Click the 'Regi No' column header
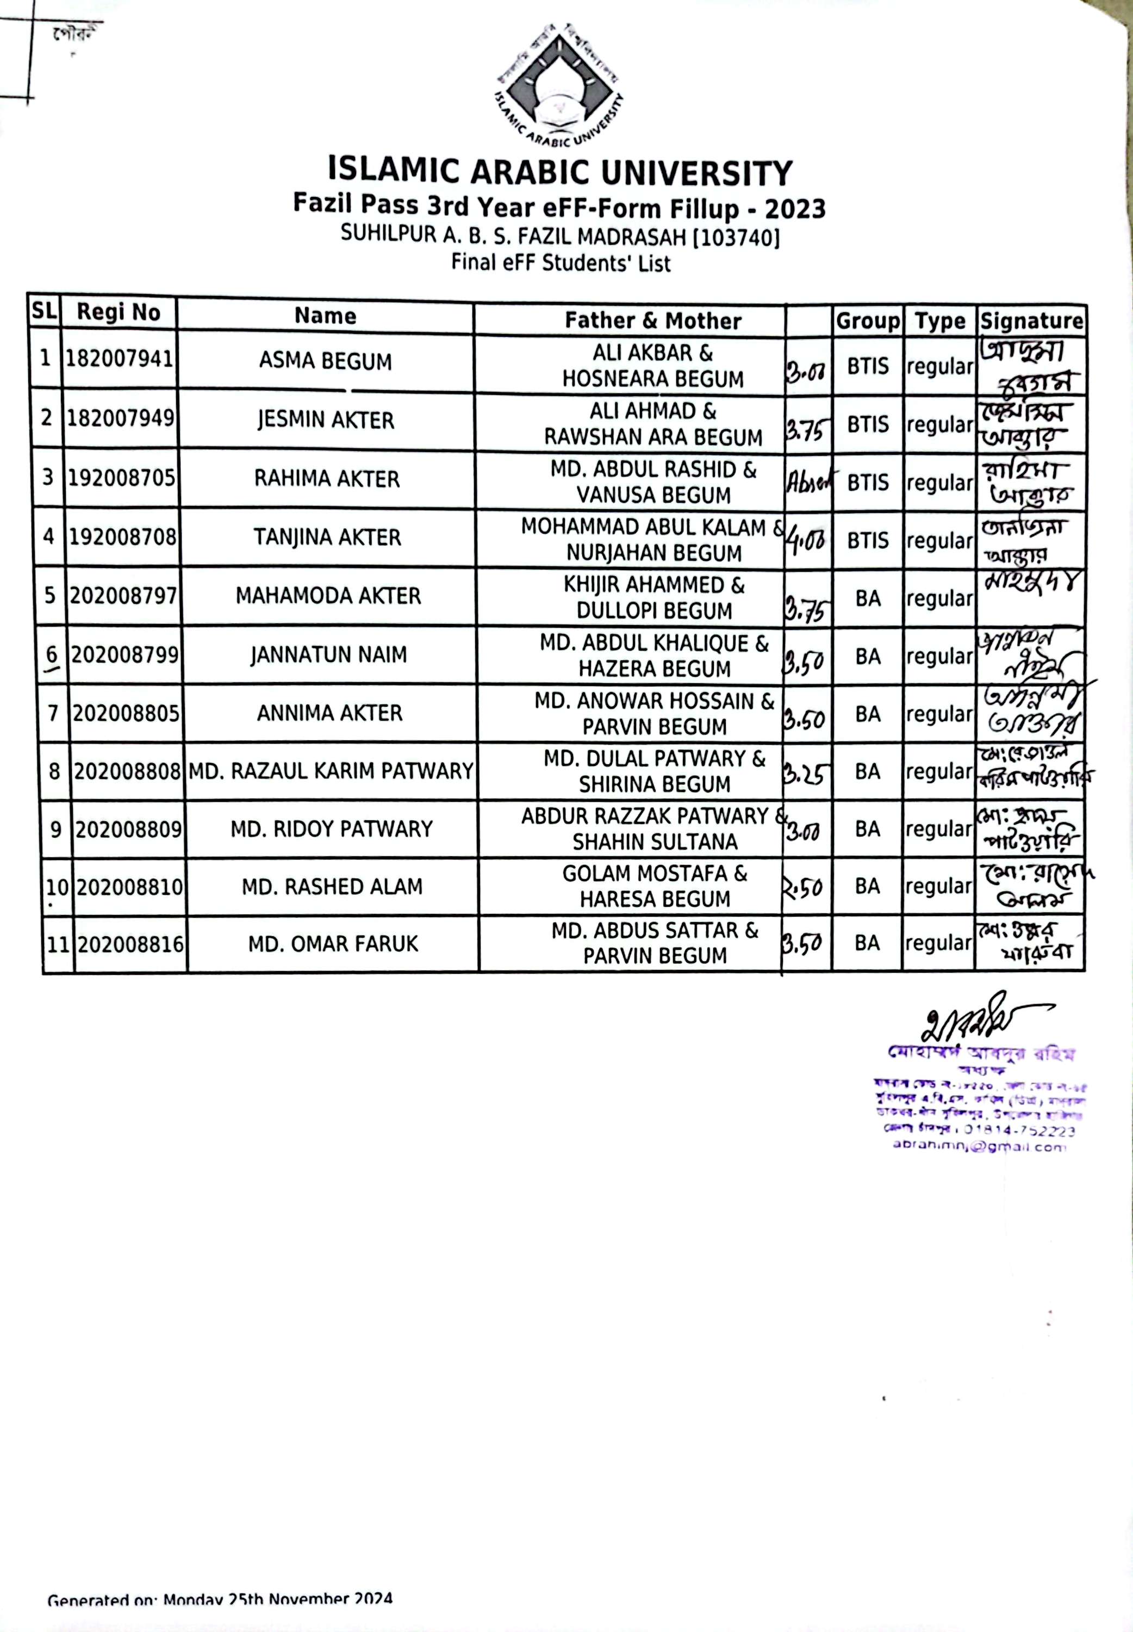coord(119,312)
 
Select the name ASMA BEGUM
coord(325,361)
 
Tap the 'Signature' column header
coord(1031,321)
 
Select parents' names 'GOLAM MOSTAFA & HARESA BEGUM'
coord(655,886)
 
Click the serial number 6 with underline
coord(52,655)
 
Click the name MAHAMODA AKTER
coord(328,596)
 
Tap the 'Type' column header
coord(940,321)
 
